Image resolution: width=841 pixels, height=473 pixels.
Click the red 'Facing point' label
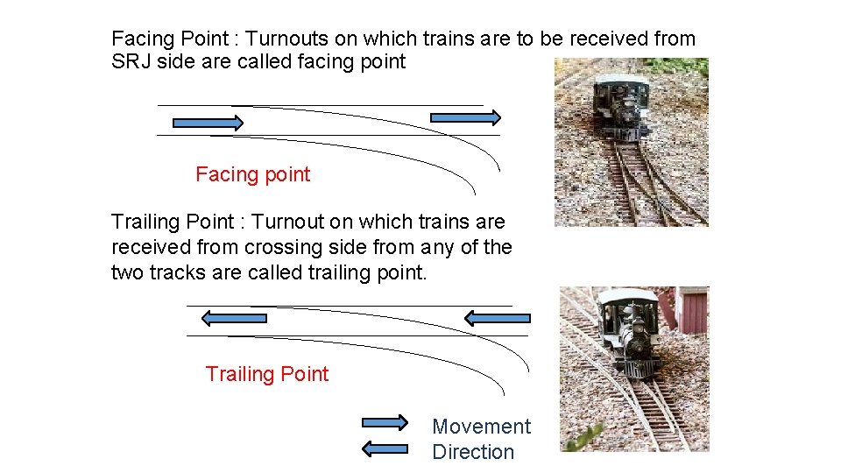[x=252, y=174]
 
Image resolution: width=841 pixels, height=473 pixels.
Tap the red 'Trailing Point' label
[x=266, y=374]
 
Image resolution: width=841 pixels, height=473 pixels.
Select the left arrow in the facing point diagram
[x=208, y=123]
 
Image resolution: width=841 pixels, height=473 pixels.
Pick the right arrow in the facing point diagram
[x=465, y=117]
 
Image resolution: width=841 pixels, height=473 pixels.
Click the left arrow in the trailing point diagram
[x=233, y=317]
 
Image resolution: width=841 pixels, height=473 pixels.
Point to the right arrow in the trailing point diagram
[x=497, y=317]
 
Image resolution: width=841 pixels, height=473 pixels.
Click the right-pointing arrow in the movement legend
[x=385, y=422]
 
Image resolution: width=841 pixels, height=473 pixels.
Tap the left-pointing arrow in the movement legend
[x=385, y=449]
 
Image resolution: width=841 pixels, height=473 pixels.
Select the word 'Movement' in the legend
[x=481, y=427]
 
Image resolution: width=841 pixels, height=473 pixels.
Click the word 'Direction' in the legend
[x=473, y=452]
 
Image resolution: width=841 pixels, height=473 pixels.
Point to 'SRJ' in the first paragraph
[x=130, y=61]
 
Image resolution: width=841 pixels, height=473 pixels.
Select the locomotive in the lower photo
[x=632, y=333]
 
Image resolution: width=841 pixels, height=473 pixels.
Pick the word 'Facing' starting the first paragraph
[x=140, y=39]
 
